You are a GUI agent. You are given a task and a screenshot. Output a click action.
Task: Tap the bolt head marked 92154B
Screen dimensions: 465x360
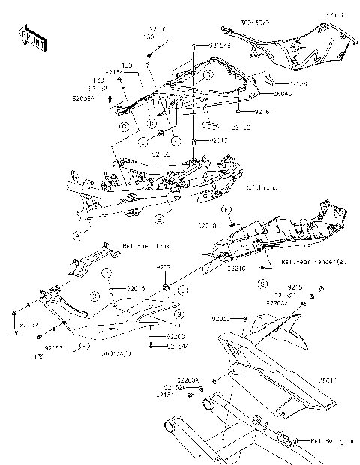[x=193, y=46]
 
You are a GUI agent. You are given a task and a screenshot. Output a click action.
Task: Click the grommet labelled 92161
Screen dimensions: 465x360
[x=238, y=112]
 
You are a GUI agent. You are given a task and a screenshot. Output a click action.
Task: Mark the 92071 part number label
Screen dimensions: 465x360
[x=165, y=267]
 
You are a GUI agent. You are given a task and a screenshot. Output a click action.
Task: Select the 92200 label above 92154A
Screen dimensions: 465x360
[x=176, y=337]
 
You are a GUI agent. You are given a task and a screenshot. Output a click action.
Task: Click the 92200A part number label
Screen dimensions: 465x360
[x=187, y=380]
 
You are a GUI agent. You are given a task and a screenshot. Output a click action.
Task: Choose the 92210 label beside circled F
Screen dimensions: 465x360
[x=208, y=225]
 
